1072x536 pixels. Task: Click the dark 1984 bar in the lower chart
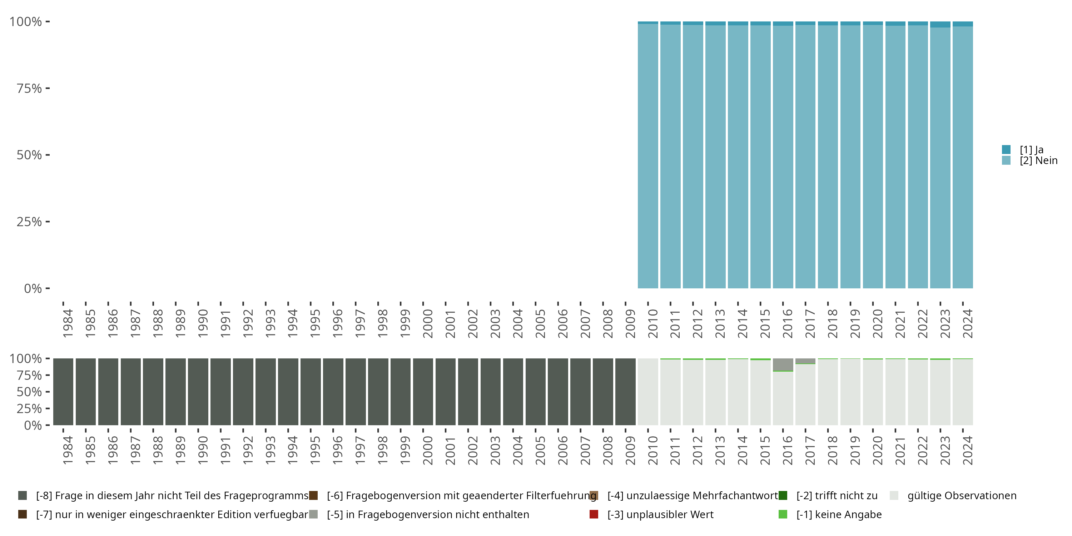(x=63, y=392)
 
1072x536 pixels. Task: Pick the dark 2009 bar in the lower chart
(x=625, y=392)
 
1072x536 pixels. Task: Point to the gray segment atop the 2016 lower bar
(x=783, y=364)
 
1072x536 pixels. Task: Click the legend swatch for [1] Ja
(x=1006, y=149)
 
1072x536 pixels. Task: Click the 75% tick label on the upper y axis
(x=29, y=88)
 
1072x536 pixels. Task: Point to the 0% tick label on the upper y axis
(x=33, y=288)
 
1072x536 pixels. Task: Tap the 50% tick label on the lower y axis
(x=29, y=392)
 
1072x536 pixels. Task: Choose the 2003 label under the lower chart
(x=495, y=450)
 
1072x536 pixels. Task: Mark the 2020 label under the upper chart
(x=877, y=323)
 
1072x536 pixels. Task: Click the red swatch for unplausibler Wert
(x=594, y=514)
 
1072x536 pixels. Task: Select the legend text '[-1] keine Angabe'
(x=839, y=514)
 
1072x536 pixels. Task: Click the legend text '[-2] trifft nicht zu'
(x=837, y=496)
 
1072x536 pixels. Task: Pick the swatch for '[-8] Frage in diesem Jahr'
(x=23, y=496)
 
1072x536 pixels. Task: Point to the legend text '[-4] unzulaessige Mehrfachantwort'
(x=693, y=496)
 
